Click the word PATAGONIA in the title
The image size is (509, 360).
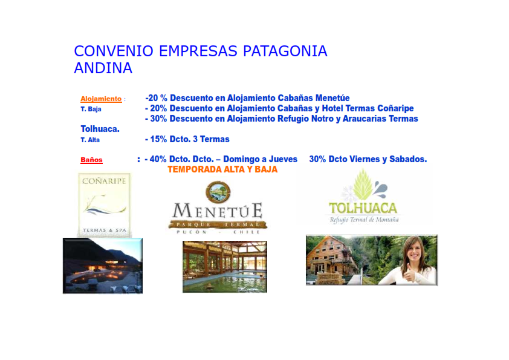tap(285, 51)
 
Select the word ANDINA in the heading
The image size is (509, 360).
tap(103, 68)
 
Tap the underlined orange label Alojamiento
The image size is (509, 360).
tap(101, 99)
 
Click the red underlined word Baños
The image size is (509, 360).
tap(91, 160)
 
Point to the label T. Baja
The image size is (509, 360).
tap(91, 109)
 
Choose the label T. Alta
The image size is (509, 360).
tap(90, 140)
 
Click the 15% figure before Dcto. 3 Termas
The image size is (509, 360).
tap(158, 139)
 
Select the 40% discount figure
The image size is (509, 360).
tap(158, 159)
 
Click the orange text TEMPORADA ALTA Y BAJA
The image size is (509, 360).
tap(222, 169)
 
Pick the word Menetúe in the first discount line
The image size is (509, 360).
tap(332, 98)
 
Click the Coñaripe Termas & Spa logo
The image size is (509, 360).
tap(105, 205)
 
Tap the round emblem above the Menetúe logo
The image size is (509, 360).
tap(218, 191)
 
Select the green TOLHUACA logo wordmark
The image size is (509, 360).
tap(363, 208)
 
